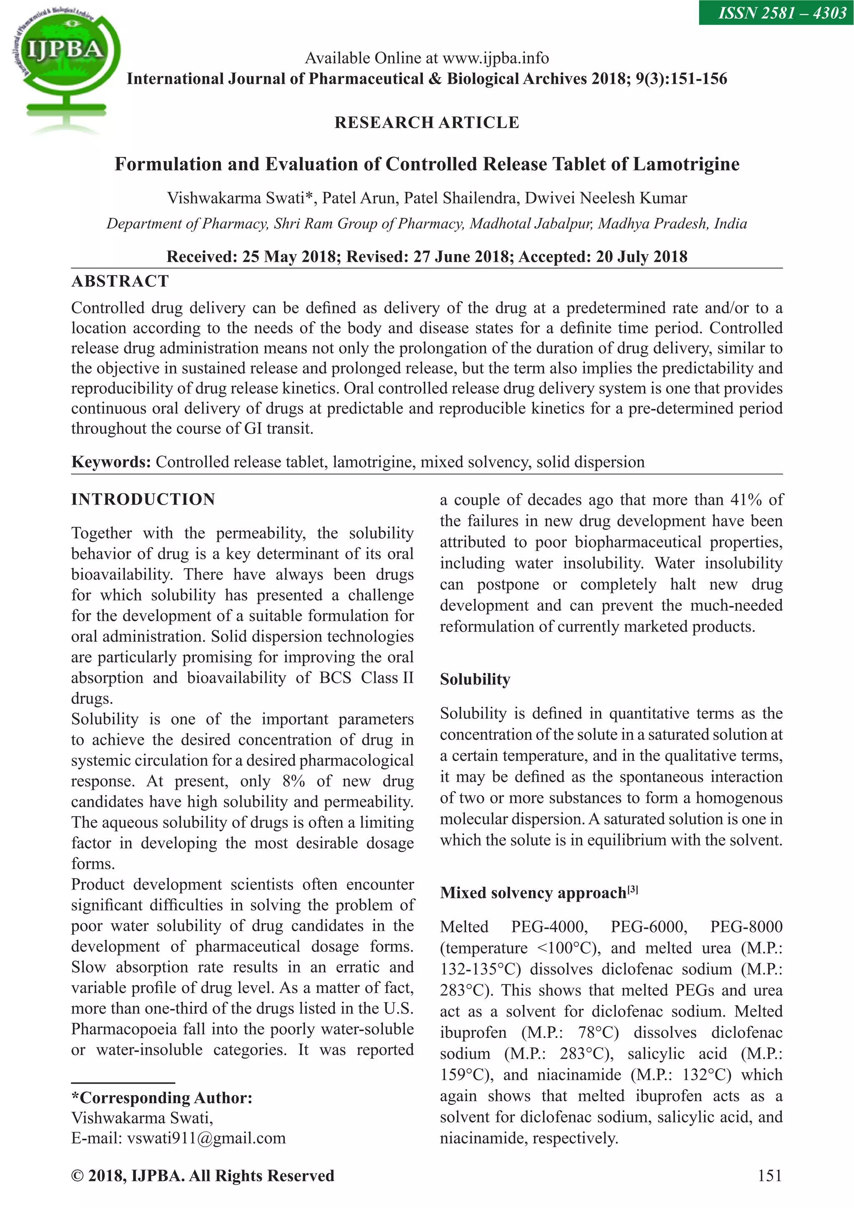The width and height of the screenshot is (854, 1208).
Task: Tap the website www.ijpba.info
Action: [495, 58]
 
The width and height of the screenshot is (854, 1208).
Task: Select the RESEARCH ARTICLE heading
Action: [427, 123]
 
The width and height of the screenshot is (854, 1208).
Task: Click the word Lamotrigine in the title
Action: [686, 164]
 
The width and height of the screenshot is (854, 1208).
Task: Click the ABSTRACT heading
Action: [120, 281]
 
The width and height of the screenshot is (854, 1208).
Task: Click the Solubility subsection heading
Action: [475, 679]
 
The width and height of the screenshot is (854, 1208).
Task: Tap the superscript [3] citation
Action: [633, 889]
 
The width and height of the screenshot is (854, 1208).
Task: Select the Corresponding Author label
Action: [162, 1098]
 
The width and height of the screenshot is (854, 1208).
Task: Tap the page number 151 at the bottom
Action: [769, 1175]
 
